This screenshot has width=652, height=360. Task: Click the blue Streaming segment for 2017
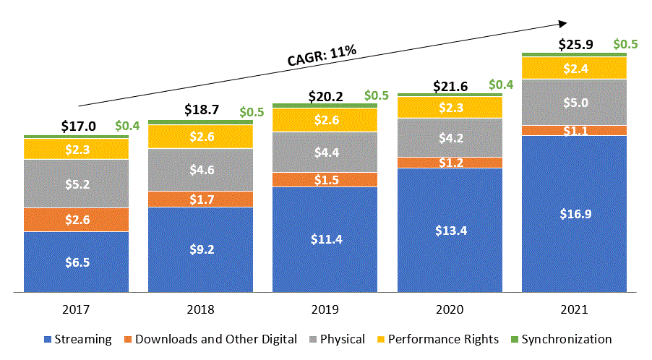(x=77, y=262)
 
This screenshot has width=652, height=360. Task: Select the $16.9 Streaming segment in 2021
(x=574, y=214)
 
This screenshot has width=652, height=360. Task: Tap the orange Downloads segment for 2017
(x=77, y=220)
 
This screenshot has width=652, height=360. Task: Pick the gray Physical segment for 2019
(x=325, y=153)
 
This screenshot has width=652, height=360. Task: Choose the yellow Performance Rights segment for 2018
(x=201, y=137)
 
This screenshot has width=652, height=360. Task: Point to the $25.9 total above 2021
(x=576, y=45)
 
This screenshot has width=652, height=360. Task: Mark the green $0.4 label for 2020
(x=501, y=85)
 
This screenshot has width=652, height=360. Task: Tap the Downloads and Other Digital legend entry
(x=209, y=339)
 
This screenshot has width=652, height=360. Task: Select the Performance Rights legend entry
(x=437, y=339)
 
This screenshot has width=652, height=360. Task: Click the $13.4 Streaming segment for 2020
(x=450, y=230)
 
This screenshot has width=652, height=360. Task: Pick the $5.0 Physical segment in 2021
(x=574, y=103)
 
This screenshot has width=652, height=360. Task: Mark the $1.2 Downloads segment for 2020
(x=450, y=163)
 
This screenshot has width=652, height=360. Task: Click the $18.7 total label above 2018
(x=202, y=111)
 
